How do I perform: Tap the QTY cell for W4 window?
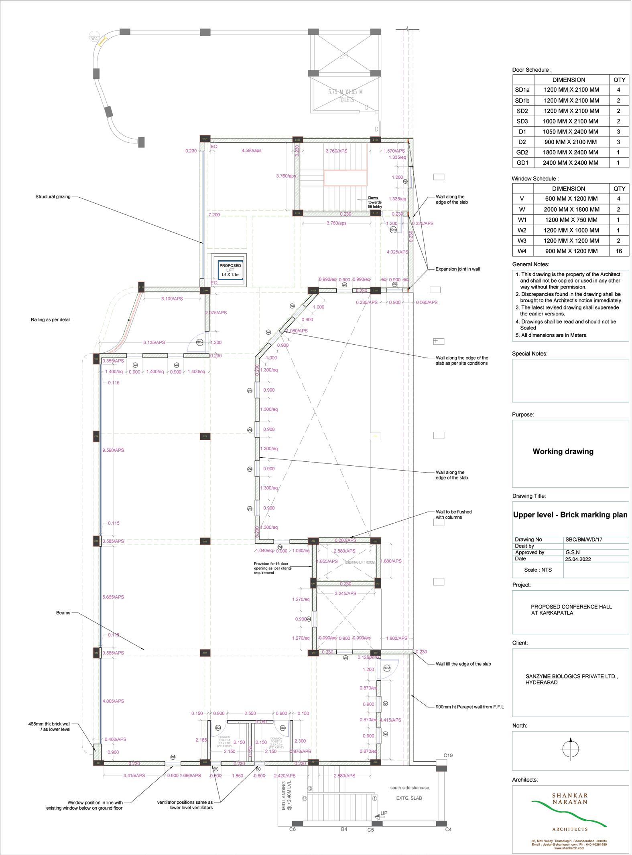(x=619, y=251)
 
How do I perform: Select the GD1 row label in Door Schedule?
(x=522, y=163)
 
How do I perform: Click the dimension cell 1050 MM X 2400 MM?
(x=570, y=131)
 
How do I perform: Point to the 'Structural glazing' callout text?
(x=53, y=197)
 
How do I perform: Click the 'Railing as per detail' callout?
(x=50, y=320)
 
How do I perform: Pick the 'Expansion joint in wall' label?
(x=457, y=269)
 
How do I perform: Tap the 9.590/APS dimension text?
(x=113, y=451)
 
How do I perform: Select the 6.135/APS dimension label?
(x=154, y=343)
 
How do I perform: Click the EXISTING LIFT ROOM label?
(x=360, y=562)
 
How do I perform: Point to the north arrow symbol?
(x=571, y=748)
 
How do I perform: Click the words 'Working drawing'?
(x=563, y=452)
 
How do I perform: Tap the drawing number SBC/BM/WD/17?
(x=584, y=540)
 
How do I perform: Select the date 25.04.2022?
(x=578, y=559)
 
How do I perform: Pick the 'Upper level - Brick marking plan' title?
(x=570, y=515)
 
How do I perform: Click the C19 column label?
(x=448, y=756)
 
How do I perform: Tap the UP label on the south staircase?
(x=384, y=813)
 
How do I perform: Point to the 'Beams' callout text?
(x=63, y=613)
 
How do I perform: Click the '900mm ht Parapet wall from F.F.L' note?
(x=469, y=707)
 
